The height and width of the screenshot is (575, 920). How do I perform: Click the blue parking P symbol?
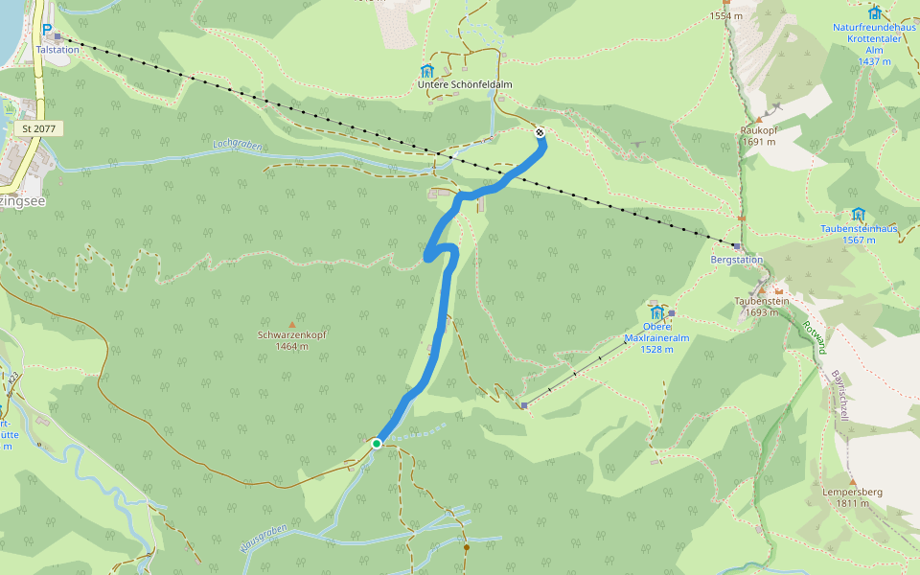coord(46,30)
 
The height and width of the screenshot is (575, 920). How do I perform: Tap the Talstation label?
coord(57,49)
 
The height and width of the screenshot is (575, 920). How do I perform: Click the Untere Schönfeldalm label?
coord(465,85)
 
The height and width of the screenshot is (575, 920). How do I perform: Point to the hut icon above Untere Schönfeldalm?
coord(426,71)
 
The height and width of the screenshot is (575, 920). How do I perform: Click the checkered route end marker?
coord(540,133)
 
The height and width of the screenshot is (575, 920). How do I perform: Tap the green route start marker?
coord(377,444)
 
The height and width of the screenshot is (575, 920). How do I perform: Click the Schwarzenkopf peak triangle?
coord(292,324)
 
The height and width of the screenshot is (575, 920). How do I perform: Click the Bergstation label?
coord(737,260)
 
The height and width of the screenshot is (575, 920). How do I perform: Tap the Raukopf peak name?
coord(758,129)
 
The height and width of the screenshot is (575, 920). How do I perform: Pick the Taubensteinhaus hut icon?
coord(858,214)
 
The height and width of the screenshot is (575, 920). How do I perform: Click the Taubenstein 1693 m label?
coord(762,307)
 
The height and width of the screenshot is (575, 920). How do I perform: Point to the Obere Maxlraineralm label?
coord(656,338)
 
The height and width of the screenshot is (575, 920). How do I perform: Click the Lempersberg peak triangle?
coord(852,481)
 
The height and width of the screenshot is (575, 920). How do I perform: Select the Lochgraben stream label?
coord(238,147)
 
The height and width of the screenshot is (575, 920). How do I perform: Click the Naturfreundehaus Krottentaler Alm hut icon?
coord(874,12)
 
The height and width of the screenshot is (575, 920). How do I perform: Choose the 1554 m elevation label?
coord(726,16)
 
